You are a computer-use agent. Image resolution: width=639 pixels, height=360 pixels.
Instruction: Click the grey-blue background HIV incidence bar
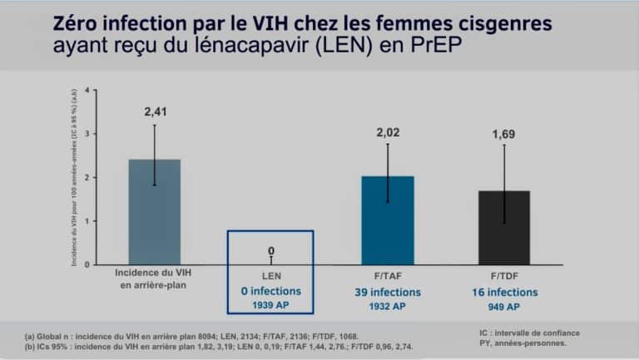point(154,211)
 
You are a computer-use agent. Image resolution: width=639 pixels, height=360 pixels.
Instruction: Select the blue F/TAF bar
point(388,219)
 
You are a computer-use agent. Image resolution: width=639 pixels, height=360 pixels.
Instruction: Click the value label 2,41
point(154,110)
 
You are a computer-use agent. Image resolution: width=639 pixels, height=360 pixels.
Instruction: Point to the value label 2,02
point(388,132)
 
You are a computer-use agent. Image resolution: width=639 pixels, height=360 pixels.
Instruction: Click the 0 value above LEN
point(270,250)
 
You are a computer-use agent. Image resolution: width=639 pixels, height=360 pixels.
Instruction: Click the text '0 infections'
point(270,292)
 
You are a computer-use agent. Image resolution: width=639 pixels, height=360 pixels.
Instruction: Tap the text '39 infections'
point(388,292)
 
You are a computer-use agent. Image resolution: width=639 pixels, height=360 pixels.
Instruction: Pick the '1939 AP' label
point(270,307)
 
